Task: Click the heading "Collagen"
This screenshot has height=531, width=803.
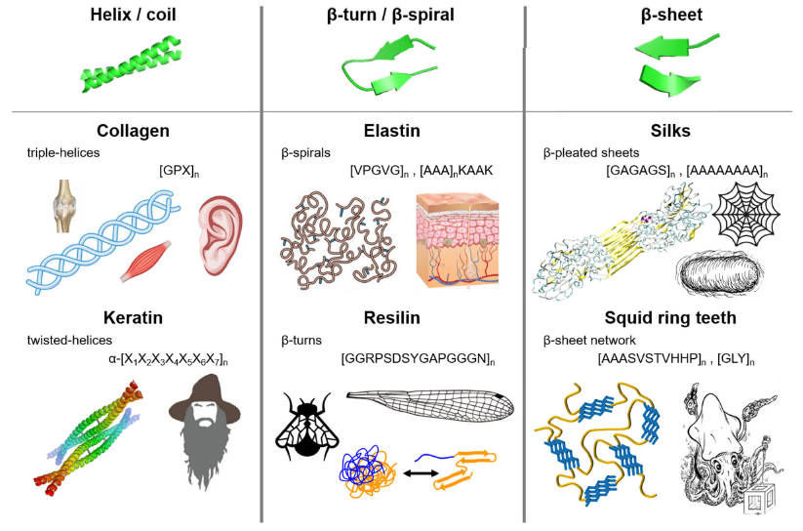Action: (x=134, y=131)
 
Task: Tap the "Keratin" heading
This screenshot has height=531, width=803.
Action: (x=134, y=317)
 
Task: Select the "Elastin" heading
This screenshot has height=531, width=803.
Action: (x=392, y=131)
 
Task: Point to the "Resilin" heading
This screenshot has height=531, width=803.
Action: (x=392, y=317)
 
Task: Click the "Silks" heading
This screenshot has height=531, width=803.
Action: (x=670, y=131)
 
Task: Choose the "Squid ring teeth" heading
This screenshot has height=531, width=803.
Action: (x=670, y=317)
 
